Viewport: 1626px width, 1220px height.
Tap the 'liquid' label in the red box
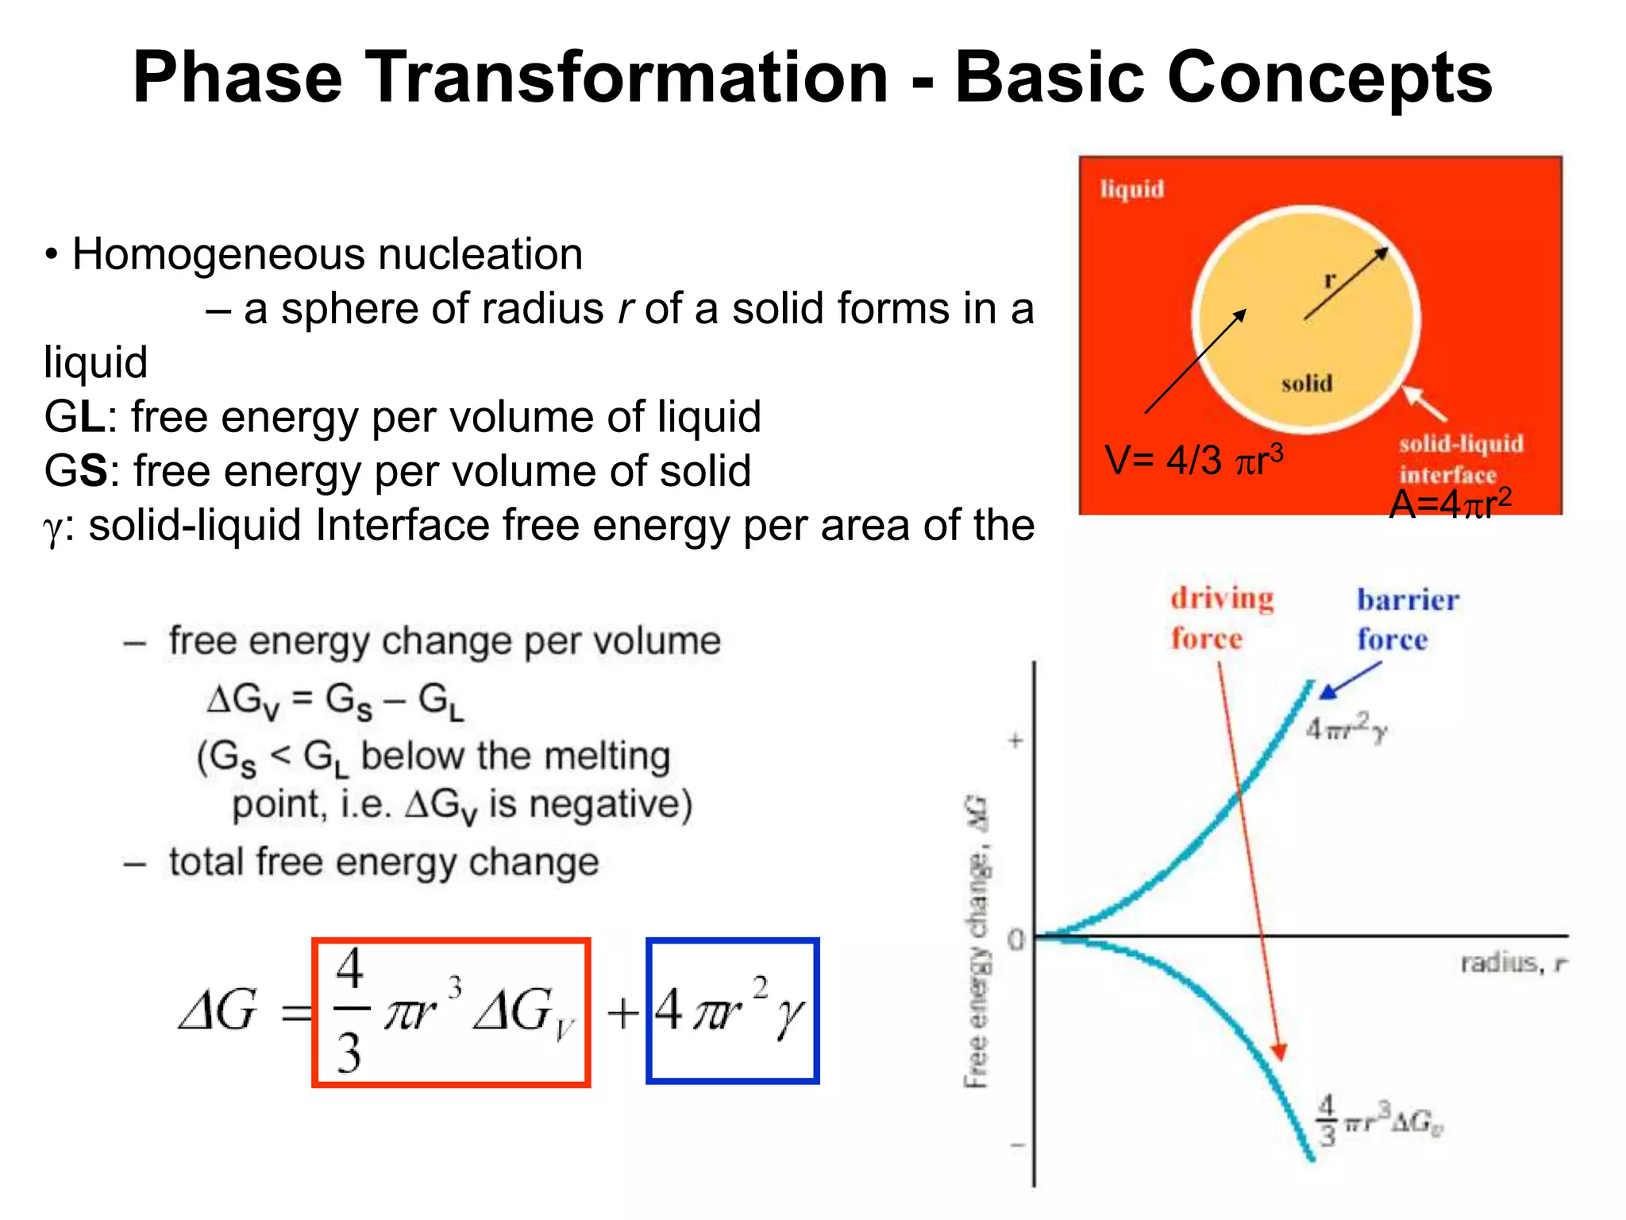pos(1131,189)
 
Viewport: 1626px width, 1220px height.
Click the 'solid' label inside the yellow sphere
pos(1306,384)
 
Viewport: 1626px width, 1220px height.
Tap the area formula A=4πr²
pos(1450,504)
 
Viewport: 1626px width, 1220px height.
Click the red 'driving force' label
pos(1221,617)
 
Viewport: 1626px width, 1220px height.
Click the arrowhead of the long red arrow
pos(1278,1052)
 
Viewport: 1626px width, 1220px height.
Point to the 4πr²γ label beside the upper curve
pos(1346,728)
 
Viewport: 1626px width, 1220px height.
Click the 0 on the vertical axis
pos(1016,940)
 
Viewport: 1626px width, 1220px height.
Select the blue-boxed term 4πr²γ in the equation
pos(732,1010)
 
